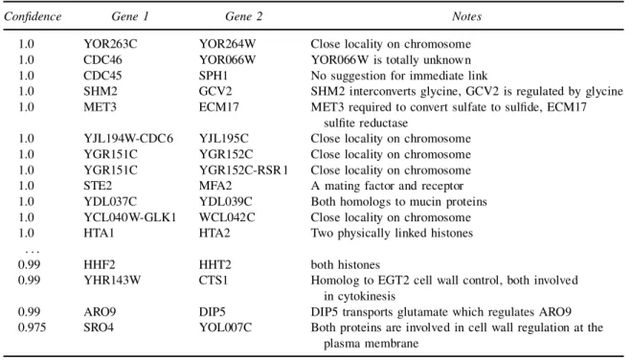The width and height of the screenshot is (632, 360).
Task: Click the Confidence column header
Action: coord(33,16)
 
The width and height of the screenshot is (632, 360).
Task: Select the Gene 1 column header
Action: coord(130,16)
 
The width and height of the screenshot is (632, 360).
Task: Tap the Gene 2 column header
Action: coord(243,16)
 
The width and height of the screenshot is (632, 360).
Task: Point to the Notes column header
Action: coord(466,16)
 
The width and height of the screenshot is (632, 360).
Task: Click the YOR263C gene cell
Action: coord(110,44)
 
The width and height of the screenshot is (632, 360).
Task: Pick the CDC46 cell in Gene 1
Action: coord(102,59)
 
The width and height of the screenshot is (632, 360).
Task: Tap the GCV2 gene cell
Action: coord(215,91)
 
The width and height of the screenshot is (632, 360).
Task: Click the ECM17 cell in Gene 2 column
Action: coord(219,107)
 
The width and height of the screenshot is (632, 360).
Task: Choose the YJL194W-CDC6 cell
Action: coord(128,139)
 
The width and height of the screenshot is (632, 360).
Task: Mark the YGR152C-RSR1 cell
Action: coord(243,170)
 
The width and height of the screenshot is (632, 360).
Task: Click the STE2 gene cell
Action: coord(98,186)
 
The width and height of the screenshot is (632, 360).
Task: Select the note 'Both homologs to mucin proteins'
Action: coord(398,202)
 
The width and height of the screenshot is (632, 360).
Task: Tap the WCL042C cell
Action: coord(227,217)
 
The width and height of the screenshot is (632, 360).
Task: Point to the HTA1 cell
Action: coord(99,233)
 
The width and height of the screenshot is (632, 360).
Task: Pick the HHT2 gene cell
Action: coord(214,265)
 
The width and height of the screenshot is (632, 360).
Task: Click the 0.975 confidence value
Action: coord(32,327)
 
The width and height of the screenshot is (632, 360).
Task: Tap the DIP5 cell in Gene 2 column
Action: coord(212,312)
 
